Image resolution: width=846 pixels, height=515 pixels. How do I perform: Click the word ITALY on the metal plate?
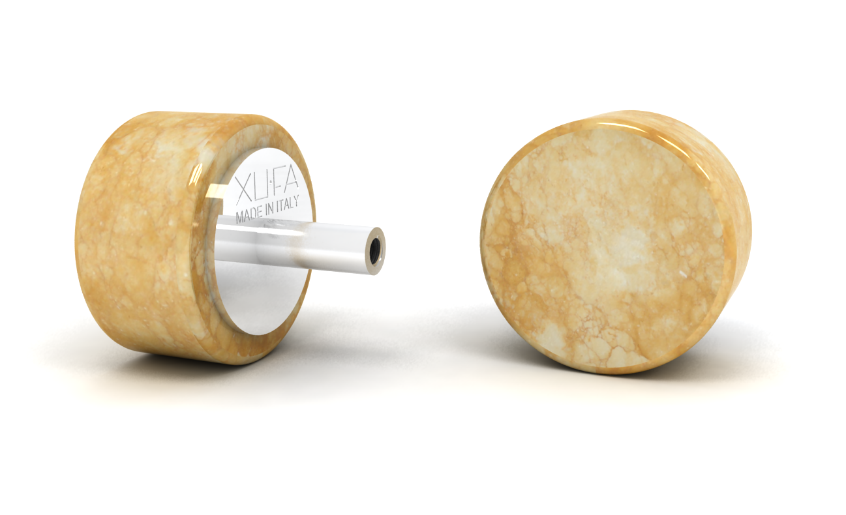coord(288,205)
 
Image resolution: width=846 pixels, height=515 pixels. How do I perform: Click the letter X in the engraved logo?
coord(242,189)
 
